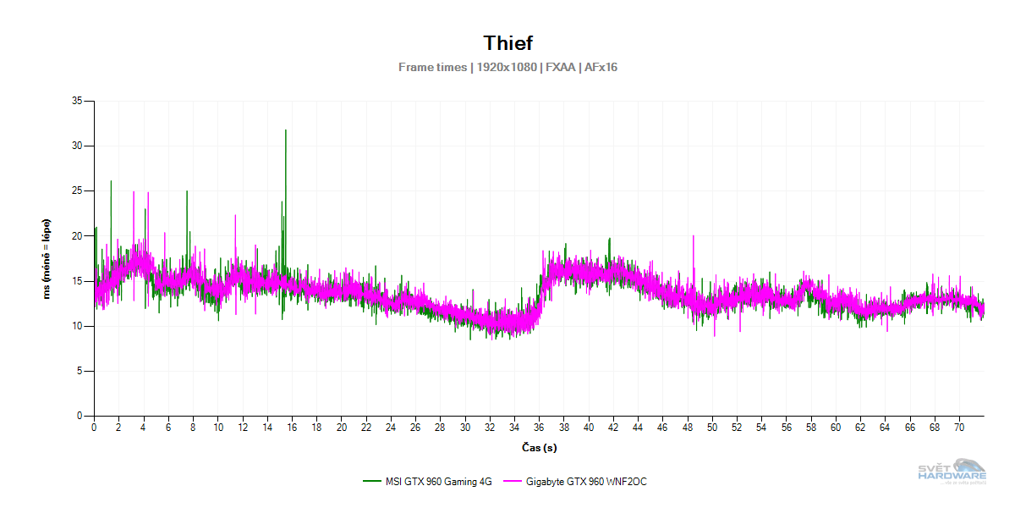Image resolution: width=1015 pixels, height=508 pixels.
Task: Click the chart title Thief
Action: pos(507,42)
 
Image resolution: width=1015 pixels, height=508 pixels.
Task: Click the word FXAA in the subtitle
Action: pos(560,67)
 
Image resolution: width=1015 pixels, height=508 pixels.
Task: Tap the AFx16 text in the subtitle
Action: pos(601,67)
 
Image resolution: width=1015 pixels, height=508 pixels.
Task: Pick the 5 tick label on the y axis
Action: pos(80,371)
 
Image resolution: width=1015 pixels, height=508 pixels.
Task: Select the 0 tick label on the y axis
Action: pos(80,416)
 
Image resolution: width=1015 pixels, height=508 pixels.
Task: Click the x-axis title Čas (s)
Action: pos(539,447)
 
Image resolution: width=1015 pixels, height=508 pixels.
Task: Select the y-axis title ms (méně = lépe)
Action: pos(47,259)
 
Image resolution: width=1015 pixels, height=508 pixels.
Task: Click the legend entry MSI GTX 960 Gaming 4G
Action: pos(437,482)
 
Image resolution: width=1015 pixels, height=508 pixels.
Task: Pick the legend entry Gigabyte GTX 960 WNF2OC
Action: pos(586,482)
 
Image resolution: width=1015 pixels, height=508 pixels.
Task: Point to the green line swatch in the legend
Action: pos(372,482)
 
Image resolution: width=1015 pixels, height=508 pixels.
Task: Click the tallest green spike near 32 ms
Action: pos(286,131)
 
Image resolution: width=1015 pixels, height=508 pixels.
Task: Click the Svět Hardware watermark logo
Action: pos(952,471)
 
